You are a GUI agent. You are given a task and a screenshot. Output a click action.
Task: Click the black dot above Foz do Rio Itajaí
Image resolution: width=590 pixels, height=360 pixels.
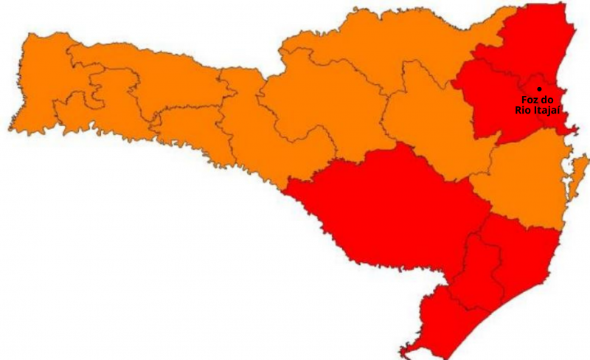coord(539,89)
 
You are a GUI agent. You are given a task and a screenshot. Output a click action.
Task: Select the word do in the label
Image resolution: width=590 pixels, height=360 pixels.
coord(546,100)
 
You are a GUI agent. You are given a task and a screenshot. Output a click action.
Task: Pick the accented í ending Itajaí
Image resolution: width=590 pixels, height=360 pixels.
coord(559,110)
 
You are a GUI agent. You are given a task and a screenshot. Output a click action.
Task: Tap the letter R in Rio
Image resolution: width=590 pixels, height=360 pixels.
coord(518,110)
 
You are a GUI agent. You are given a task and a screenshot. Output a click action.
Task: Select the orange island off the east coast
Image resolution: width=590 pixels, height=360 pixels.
coord(580,173)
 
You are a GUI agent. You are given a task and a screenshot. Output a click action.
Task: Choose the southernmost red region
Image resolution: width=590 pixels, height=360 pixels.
coord(435,325)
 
